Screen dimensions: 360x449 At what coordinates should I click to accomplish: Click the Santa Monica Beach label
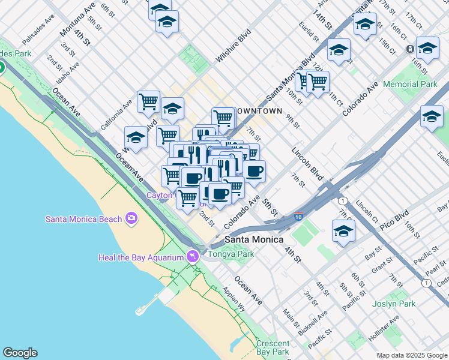[83, 219]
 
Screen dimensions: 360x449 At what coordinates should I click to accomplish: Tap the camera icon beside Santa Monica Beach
[131, 219]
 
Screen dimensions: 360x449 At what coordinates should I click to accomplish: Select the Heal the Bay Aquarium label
[140, 258]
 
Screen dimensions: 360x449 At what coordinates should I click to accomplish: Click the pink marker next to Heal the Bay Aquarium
[192, 256]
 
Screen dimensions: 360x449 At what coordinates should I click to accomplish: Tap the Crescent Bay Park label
[273, 347]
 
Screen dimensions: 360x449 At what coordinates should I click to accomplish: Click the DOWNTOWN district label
[259, 112]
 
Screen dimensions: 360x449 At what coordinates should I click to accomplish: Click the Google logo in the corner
[19, 353]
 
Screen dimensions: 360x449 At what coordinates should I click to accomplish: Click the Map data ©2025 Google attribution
[411, 355]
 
